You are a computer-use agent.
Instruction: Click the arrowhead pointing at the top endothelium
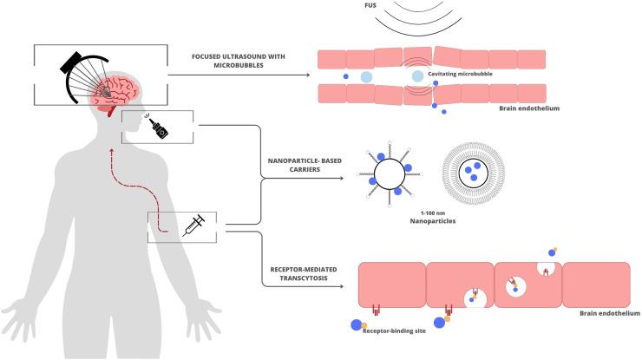tap(310, 75)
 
